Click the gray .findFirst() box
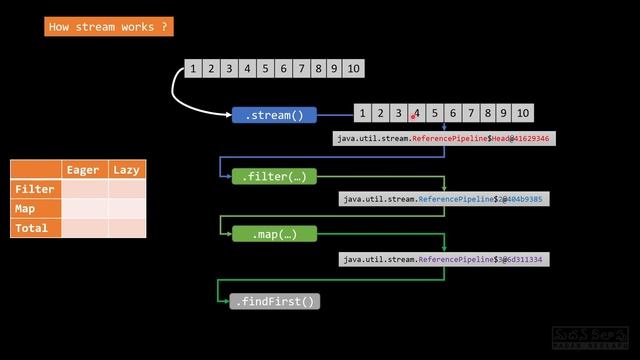274,301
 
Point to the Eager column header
83,170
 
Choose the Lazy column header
126,170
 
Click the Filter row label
35,189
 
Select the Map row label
35,209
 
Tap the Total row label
35,228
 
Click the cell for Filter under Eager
83,189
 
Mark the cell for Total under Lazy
126,228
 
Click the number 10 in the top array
353,69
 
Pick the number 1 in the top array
192,69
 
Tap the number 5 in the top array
265,69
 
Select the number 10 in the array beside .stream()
522,113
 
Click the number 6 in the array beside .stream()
453,113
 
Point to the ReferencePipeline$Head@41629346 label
444,139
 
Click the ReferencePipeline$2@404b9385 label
444,199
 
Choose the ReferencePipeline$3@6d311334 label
444,259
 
